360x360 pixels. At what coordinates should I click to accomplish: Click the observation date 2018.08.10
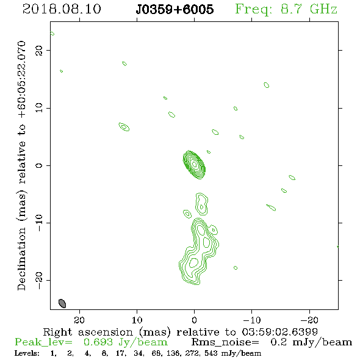click(62, 9)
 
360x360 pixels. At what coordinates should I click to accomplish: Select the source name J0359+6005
click(175, 9)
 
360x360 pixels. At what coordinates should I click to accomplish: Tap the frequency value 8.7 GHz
click(309, 9)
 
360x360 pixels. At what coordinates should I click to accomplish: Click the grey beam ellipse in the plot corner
click(62, 303)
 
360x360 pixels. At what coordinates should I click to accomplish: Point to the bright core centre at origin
click(194, 164)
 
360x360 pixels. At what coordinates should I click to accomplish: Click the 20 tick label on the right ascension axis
click(79, 320)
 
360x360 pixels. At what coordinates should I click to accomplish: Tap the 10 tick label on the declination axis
click(39, 107)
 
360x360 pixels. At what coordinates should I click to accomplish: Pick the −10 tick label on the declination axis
click(39, 223)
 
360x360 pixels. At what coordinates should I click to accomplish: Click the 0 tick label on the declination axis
click(39, 165)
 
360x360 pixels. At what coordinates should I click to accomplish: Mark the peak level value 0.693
click(98, 342)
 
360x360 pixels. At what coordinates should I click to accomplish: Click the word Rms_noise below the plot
click(225, 342)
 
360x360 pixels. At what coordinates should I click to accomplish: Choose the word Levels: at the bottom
click(27, 353)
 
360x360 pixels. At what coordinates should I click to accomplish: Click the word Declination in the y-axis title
click(21, 259)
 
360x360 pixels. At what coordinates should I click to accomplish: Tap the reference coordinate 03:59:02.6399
click(280, 332)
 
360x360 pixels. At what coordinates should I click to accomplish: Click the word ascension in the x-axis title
click(106, 333)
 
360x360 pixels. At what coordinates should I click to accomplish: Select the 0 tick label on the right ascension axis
click(194, 320)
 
